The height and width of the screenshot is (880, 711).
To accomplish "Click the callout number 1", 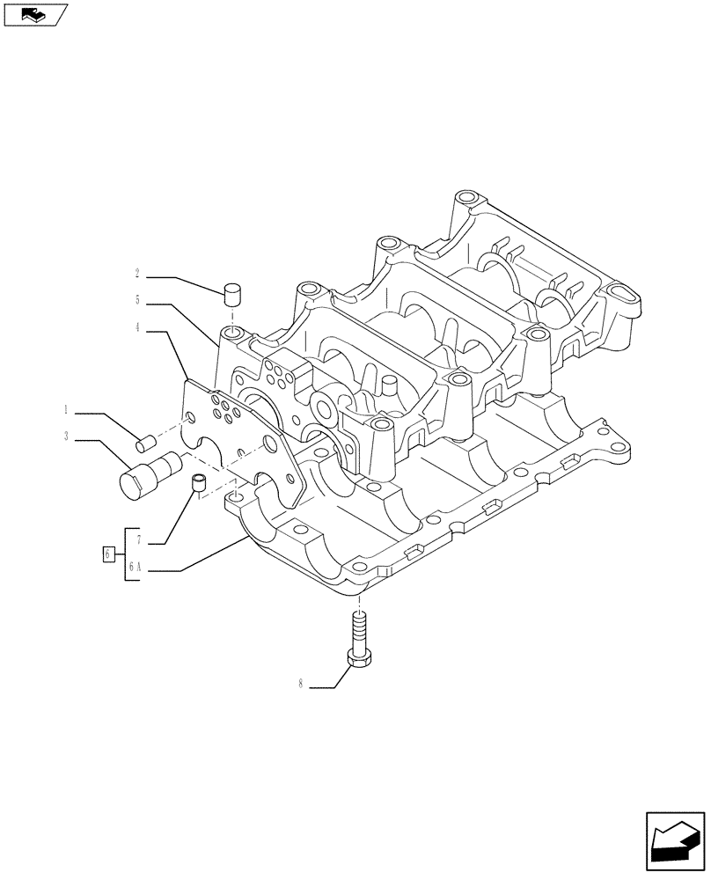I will point(66,410).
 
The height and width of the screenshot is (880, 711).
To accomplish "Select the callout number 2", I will point(137,274).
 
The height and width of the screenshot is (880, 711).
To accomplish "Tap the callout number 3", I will point(66,435).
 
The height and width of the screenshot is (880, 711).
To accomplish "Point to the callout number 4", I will point(137,328).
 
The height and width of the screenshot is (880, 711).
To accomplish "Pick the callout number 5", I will point(137,300).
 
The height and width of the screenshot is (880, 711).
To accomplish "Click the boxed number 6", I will point(107,554).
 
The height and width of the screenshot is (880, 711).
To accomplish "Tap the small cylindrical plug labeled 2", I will point(233,292).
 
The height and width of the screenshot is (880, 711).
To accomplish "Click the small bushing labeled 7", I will point(200,482).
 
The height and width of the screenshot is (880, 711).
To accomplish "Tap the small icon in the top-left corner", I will point(35,14).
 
